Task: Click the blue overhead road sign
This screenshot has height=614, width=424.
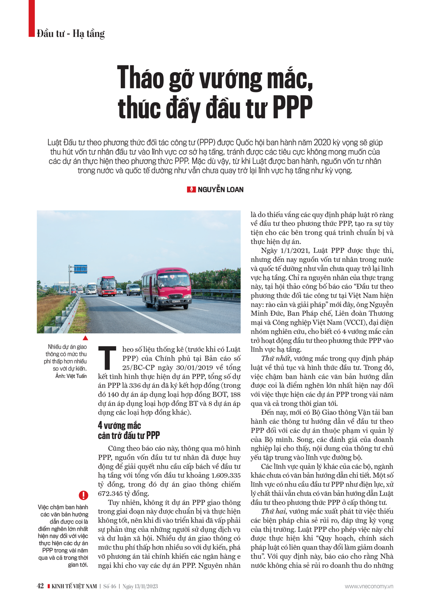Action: [81, 269]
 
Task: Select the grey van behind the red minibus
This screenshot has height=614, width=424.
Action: [133, 289]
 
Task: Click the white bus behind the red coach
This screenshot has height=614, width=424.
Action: [92, 289]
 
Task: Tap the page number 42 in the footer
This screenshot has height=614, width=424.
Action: [40, 586]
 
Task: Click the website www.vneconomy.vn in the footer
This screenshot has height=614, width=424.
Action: [368, 586]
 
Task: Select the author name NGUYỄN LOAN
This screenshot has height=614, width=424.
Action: [220, 190]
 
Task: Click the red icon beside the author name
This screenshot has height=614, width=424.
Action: [191, 190]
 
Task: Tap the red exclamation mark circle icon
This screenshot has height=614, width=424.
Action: [84, 495]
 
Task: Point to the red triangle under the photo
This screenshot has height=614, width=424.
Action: [85, 338]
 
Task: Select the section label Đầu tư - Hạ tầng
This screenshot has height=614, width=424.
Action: [70, 34]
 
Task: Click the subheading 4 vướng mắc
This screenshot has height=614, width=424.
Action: [119, 425]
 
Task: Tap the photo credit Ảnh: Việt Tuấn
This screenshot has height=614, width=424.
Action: [71, 376]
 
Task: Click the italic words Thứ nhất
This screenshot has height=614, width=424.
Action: [276, 359]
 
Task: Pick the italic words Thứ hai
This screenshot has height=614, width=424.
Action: [273, 511]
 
